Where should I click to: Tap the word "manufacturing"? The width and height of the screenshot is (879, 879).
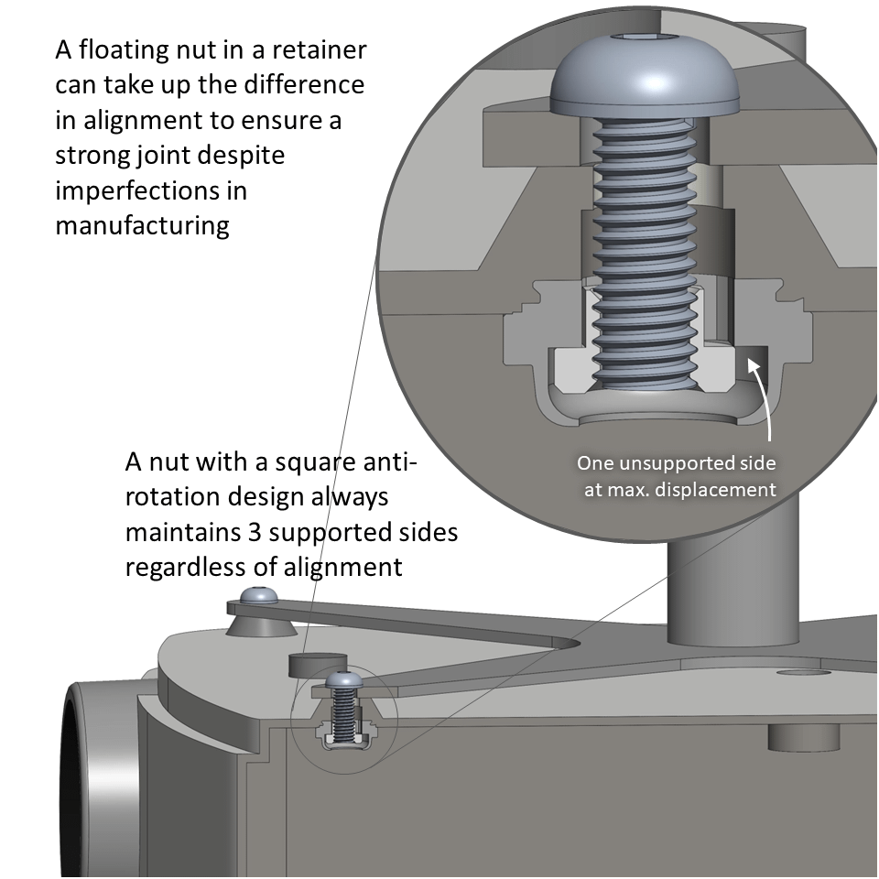coord(142,225)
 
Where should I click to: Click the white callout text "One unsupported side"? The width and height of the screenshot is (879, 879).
coord(676,462)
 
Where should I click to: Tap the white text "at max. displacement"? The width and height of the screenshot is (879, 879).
coord(679,489)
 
